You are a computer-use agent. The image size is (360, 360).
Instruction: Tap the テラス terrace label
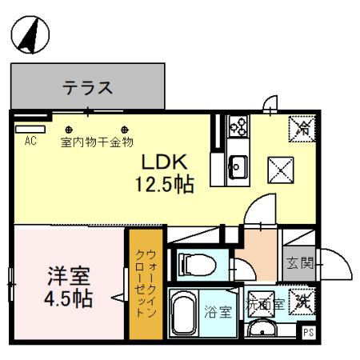(x=87, y=86)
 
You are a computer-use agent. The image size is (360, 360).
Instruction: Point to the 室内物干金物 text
(x=97, y=144)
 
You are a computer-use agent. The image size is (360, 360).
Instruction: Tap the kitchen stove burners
(x=238, y=126)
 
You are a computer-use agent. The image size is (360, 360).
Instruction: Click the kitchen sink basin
(x=238, y=166)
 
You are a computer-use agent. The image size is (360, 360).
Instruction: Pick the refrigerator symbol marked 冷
(x=302, y=127)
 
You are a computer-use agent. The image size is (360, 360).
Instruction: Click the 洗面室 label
(x=264, y=303)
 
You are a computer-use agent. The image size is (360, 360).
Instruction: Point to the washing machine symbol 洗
(x=302, y=302)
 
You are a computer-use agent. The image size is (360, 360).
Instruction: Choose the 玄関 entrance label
(x=294, y=262)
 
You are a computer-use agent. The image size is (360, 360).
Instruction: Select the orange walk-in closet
(x=146, y=283)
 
